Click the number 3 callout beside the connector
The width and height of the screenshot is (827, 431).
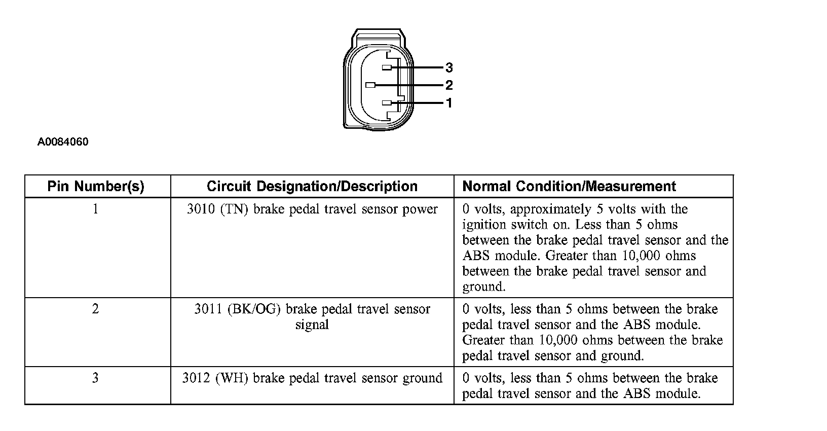[x=448, y=67]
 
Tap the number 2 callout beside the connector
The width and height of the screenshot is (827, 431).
[x=448, y=85]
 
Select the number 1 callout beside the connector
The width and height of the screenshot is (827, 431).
[x=448, y=103]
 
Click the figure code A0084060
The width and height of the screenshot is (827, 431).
[x=63, y=142]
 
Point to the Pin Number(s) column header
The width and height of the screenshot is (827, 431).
[x=96, y=186]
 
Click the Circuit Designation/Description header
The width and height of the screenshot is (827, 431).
[x=312, y=186]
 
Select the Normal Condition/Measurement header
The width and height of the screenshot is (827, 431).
[x=569, y=186]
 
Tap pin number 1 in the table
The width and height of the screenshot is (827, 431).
[x=95, y=209]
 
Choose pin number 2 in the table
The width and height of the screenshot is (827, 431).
[x=95, y=309]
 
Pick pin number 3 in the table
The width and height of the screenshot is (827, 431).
[x=95, y=378]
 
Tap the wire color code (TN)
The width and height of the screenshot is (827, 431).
[x=234, y=209]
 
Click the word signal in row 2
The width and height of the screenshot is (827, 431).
[x=312, y=325]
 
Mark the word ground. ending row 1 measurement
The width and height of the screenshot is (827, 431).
[x=484, y=287]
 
